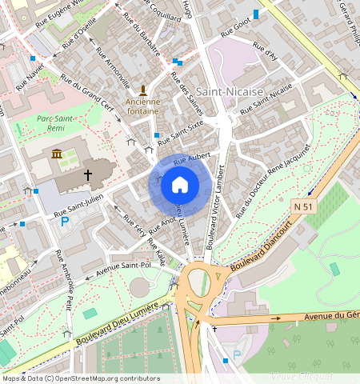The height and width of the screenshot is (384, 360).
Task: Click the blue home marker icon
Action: [x=180, y=185]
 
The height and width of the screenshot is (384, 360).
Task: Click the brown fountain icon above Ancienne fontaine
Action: [x=142, y=89]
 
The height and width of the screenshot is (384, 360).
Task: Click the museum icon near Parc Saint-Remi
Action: [x=57, y=154]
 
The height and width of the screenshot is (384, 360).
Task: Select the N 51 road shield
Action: [x=301, y=206]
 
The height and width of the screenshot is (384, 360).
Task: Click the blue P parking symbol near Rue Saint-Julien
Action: [x=64, y=221]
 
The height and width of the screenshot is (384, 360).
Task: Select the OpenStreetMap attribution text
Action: [x=81, y=378]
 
